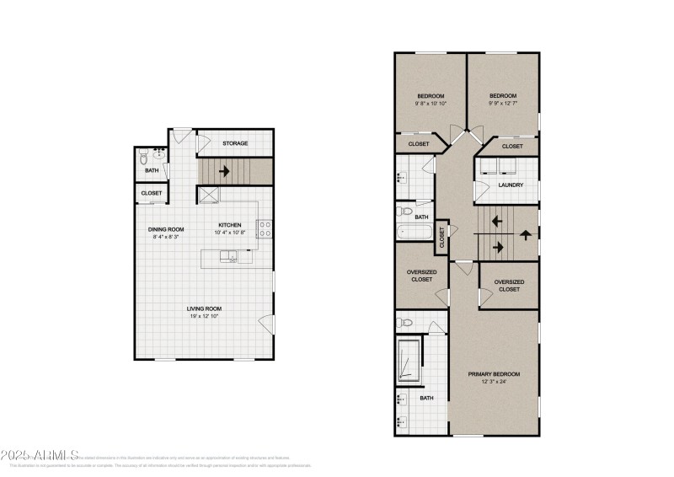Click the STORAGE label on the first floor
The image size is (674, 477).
click(x=235, y=143)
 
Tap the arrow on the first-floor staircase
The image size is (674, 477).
click(x=225, y=171)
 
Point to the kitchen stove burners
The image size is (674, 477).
click(x=264, y=228)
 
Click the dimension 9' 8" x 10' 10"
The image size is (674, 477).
click(x=431, y=104)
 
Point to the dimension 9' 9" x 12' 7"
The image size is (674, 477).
click(x=503, y=104)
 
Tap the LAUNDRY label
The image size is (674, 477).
click(x=511, y=185)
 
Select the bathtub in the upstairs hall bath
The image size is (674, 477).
click(x=415, y=232)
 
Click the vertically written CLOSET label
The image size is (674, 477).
click(x=441, y=239)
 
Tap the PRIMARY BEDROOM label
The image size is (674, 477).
click(x=495, y=373)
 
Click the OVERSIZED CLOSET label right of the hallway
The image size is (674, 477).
click(x=509, y=286)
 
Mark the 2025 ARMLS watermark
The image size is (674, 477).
click(x=30, y=456)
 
